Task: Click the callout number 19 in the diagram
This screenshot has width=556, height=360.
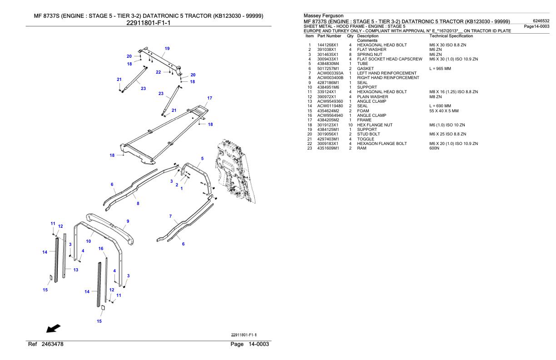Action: click(x=167, y=49)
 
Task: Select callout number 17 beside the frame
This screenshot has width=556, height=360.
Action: click(x=209, y=98)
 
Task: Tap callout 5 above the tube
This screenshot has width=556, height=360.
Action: click(x=202, y=159)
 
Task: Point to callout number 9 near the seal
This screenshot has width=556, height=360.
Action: click(x=128, y=221)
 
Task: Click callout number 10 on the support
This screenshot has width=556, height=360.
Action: click(x=89, y=241)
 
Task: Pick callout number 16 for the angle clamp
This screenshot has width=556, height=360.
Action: click(x=101, y=249)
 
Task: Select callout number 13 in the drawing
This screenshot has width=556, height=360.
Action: click(x=76, y=270)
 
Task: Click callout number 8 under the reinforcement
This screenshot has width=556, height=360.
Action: click(x=138, y=203)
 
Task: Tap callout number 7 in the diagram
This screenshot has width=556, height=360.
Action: click(x=170, y=216)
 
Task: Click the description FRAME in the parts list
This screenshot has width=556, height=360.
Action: click(x=364, y=120)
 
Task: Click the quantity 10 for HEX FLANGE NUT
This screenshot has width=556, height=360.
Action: click(x=350, y=125)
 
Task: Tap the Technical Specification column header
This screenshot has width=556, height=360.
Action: click(x=451, y=35)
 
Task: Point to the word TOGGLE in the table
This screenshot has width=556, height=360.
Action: click(x=366, y=139)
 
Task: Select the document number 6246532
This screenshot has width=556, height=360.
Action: click(x=541, y=21)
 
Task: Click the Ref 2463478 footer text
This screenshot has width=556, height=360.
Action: click(x=45, y=345)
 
